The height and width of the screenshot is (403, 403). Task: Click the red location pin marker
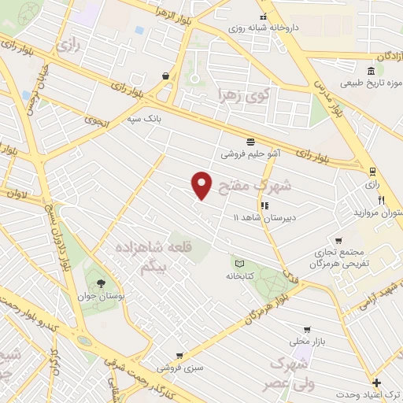[x=202, y=184]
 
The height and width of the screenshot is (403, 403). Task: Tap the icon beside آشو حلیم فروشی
[x=250, y=142]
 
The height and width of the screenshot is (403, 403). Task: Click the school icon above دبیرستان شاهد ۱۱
[x=264, y=205]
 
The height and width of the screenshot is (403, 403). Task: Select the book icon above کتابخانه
[x=237, y=263]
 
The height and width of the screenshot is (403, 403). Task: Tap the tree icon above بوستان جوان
[x=100, y=283]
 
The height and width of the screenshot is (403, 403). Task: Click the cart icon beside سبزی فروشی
[x=179, y=356]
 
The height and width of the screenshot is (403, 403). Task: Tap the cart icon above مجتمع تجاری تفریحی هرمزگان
[x=338, y=240]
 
